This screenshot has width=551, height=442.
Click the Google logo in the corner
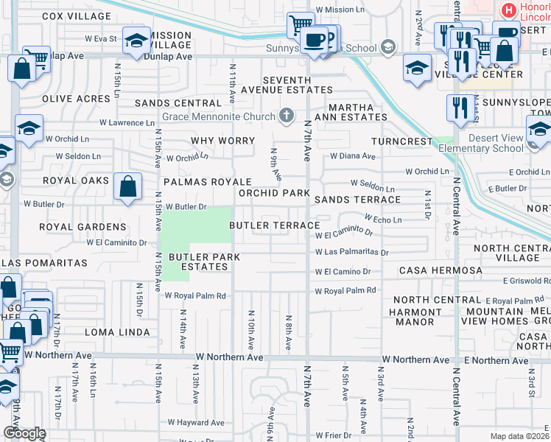[x=24, y=433]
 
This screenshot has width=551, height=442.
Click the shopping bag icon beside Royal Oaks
[x=128, y=187]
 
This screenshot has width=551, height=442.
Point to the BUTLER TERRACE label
[x=274, y=225]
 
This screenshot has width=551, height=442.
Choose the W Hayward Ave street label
[x=195, y=422]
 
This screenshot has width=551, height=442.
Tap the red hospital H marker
[x=508, y=10]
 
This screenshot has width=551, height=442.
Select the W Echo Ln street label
[x=383, y=220]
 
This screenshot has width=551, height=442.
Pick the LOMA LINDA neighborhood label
[x=114, y=332]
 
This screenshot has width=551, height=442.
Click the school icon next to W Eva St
[x=136, y=41]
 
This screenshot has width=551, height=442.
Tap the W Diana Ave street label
[x=352, y=156]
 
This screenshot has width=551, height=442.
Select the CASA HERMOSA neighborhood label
[x=441, y=271]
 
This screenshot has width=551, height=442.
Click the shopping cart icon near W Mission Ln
[x=301, y=24]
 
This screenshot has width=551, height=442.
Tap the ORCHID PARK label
[x=274, y=193]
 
